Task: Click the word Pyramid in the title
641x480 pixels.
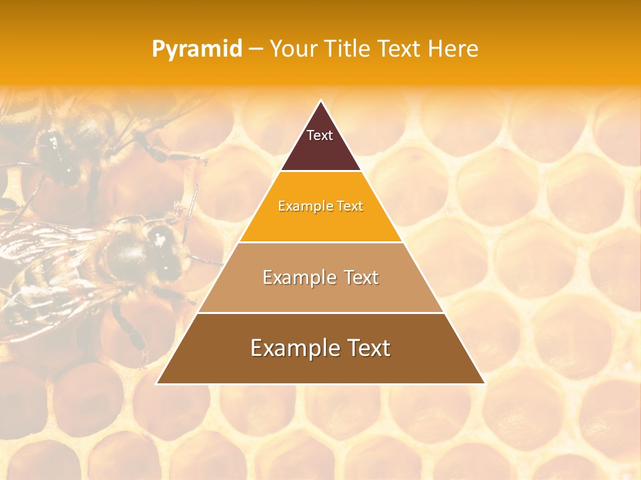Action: [x=196, y=49]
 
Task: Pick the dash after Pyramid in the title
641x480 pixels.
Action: [x=255, y=49]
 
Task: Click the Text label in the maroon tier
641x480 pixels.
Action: [x=320, y=135]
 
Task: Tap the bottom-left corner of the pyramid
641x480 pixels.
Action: [x=157, y=383]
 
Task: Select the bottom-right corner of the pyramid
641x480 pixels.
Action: [x=484, y=383]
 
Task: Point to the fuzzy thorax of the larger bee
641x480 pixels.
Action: [x=124, y=250]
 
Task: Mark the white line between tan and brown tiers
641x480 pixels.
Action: [x=320, y=313]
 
